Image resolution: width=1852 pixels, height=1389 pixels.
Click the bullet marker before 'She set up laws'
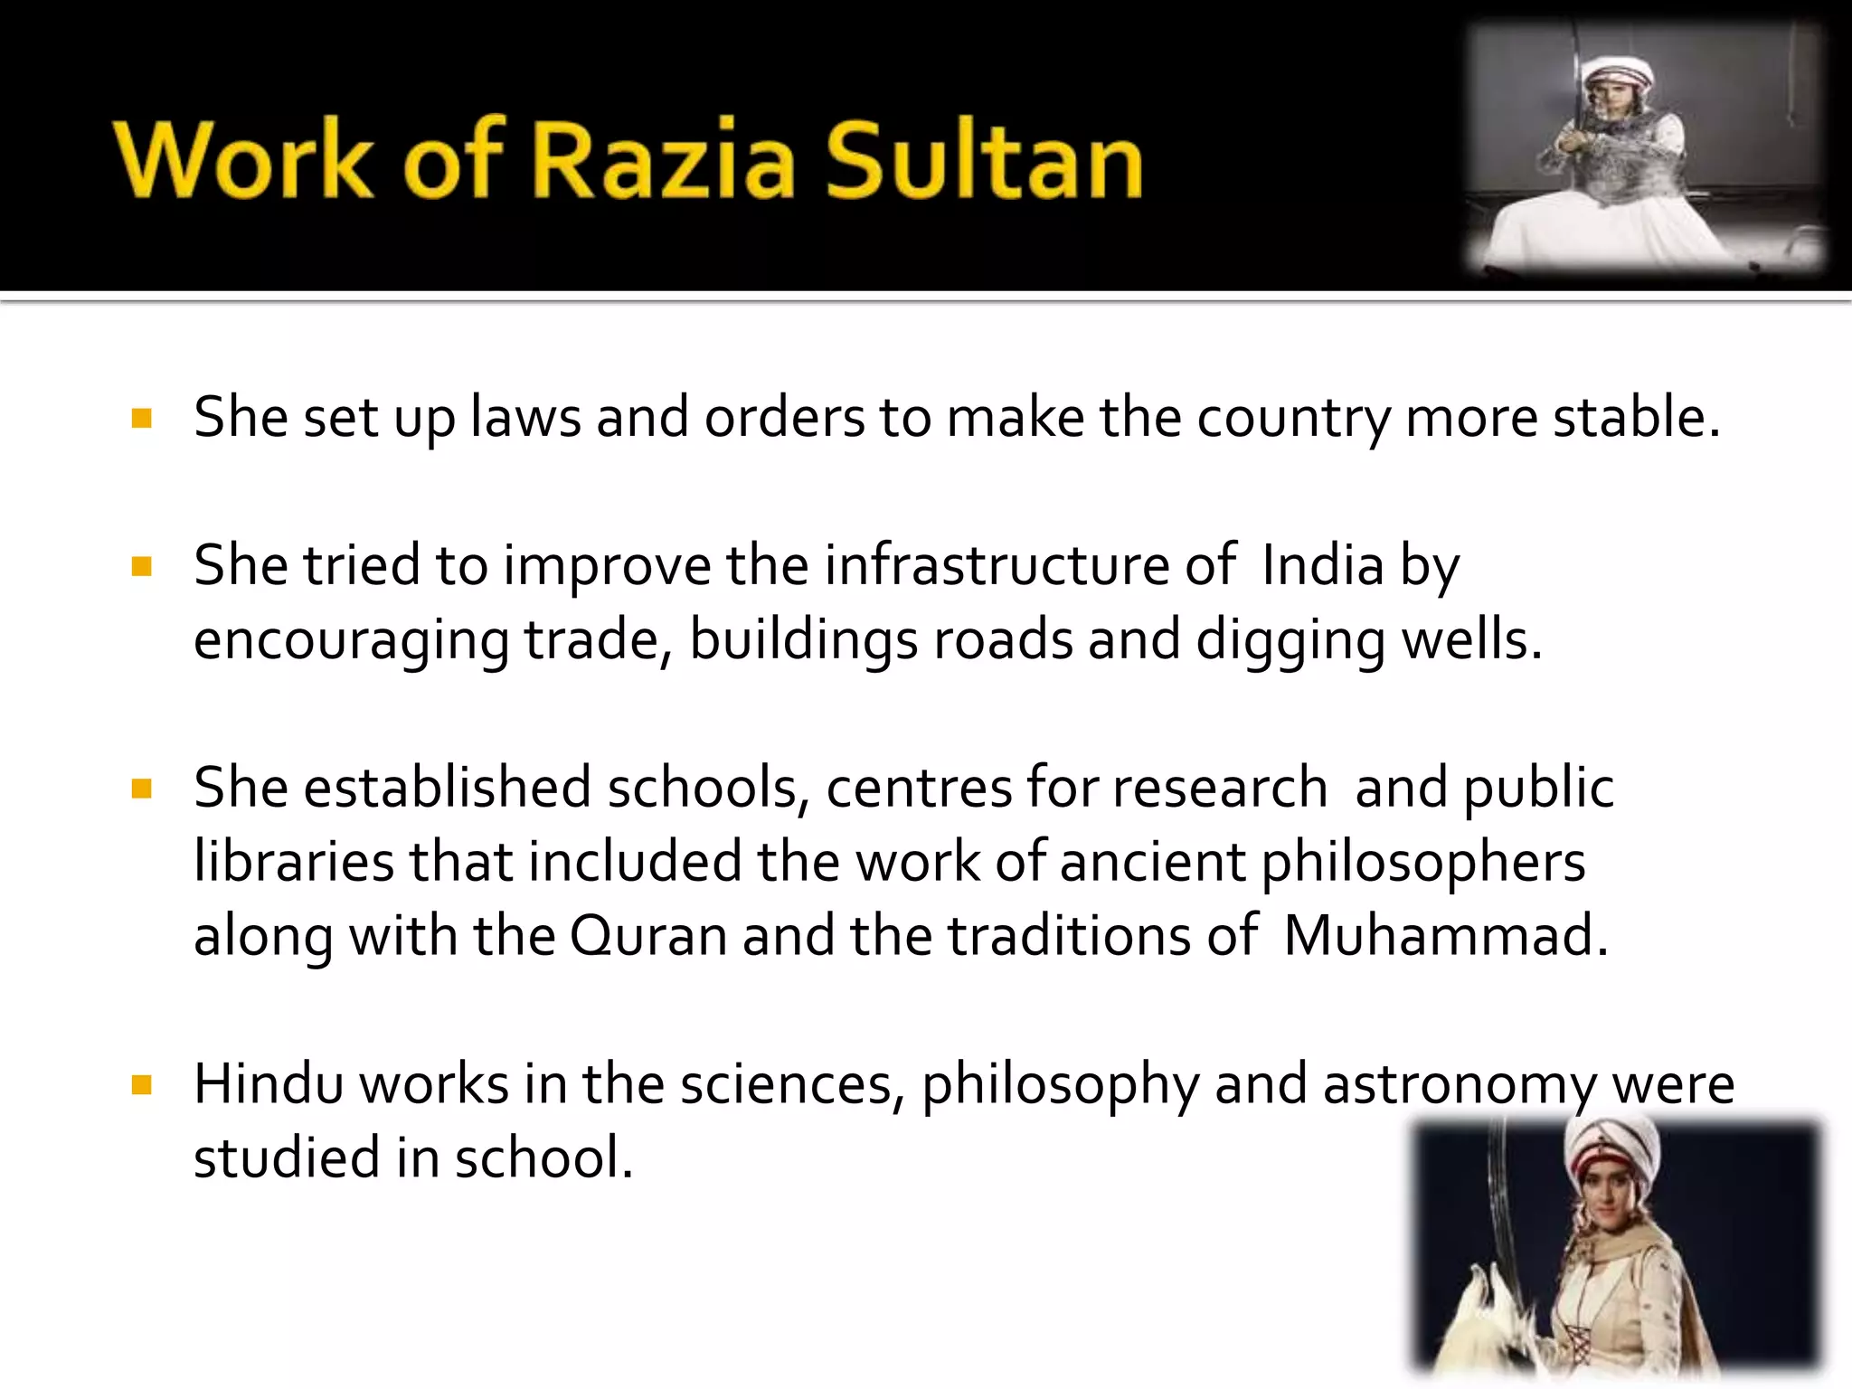[x=142, y=418]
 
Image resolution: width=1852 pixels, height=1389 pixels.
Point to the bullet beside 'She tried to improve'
[x=142, y=566]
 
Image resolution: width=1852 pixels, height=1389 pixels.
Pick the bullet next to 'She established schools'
[x=142, y=789]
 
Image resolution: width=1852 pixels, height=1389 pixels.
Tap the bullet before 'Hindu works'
[x=142, y=1084]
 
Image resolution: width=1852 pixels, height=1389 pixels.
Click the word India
[x=1322, y=566]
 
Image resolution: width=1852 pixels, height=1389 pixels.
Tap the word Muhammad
[x=1445, y=936]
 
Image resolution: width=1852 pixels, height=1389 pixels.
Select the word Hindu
[x=269, y=1084]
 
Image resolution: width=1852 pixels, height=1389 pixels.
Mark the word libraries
[x=294, y=862]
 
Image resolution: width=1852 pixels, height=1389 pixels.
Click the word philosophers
[x=1423, y=864]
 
